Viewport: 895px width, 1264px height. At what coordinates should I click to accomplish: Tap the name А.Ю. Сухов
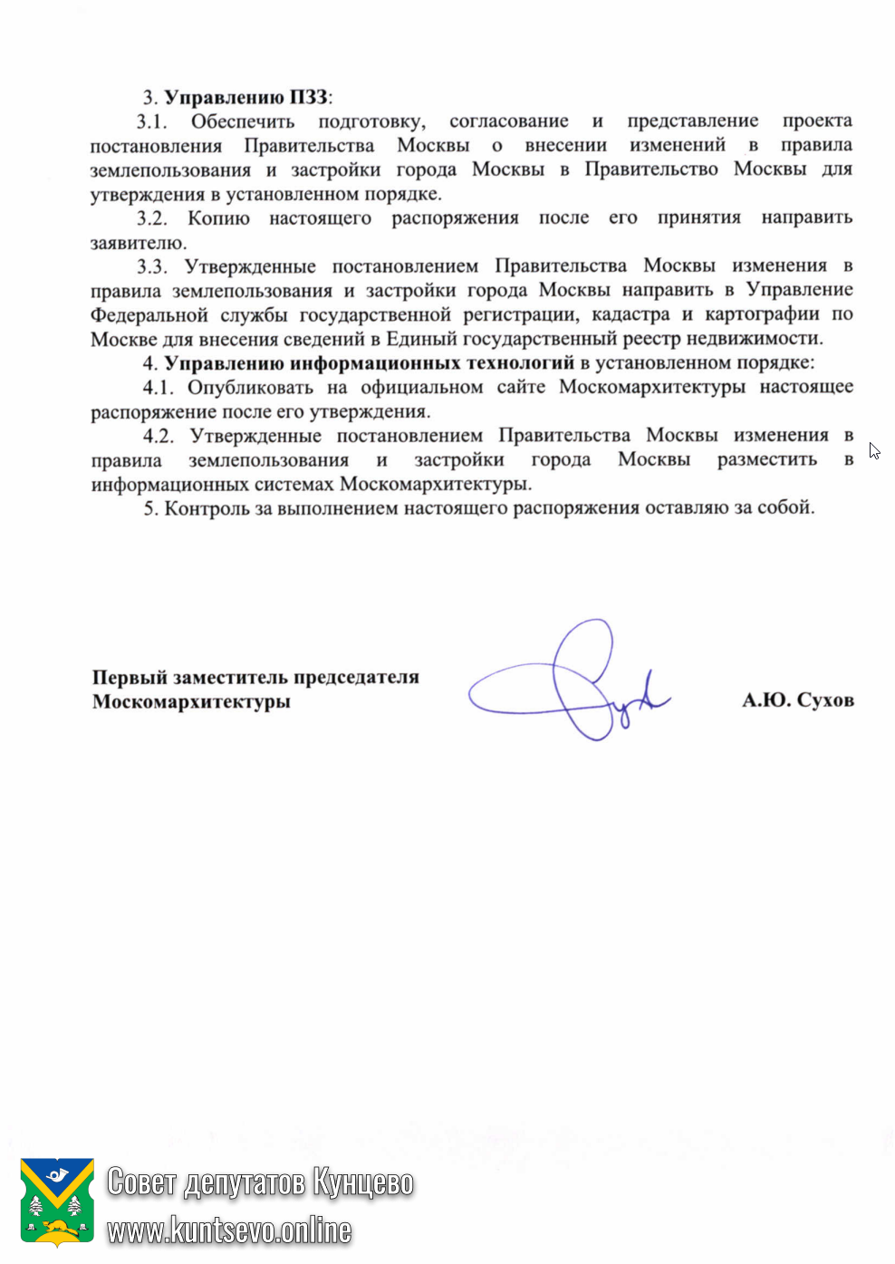click(x=797, y=700)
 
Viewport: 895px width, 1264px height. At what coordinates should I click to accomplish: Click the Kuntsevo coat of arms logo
click(x=57, y=1201)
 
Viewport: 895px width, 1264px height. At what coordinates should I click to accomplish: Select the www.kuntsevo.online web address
click(x=229, y=1230)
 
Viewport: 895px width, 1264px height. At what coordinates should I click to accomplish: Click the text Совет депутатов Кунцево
click(x=260, y=1182)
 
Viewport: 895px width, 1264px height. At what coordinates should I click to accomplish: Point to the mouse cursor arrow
click(x=873, y=450)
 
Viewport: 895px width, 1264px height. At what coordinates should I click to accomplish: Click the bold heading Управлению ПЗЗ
click(x=247, y=97)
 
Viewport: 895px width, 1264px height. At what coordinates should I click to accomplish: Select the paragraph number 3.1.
click(x=152, y=121)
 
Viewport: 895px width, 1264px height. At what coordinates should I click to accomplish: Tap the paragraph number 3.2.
click(x=152, y=218)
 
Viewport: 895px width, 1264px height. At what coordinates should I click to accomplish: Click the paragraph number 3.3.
click(x=152, y=266)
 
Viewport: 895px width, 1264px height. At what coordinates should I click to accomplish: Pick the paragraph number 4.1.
click(x=158, y=388)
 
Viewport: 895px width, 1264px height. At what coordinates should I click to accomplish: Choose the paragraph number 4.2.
click(x=158, y=436)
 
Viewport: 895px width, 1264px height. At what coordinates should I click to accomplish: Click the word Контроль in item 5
click(x=207, y=508)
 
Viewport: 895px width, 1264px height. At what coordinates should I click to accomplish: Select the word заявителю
click(x=139, y=243)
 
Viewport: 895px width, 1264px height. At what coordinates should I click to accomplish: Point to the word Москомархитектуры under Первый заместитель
click(x=191, y=701)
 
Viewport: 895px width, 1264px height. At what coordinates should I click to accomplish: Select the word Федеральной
click(x=149, y=315)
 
